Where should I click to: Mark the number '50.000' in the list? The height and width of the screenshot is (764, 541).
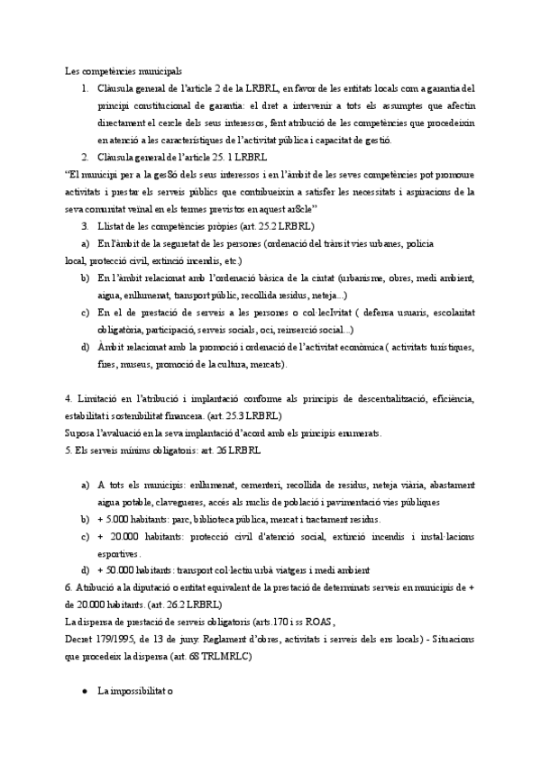tap(124, 571)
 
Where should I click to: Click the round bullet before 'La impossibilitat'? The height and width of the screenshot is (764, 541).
tap(84, 693)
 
